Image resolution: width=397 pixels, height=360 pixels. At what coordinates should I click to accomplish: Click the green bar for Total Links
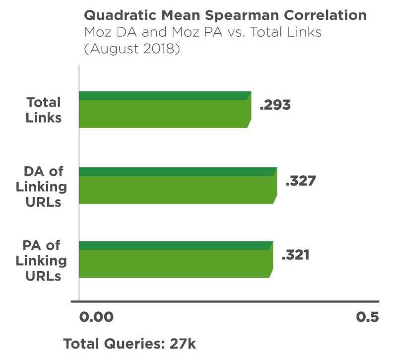(x=164, y=110)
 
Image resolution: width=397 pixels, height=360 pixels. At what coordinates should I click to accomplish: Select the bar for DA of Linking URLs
(x=177, y=185)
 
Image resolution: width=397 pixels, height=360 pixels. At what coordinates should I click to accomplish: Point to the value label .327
(x=300, y=181)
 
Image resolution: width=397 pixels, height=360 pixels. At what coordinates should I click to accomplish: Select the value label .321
(x=295, y=255)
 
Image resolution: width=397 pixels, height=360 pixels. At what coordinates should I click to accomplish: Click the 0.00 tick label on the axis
(x=96, y=317)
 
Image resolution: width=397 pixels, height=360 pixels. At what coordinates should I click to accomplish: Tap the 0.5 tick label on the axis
(x=367, y=317)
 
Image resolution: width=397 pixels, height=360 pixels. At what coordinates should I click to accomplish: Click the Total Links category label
(x=44, y=110)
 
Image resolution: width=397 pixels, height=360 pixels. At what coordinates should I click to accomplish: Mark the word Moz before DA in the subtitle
(x=98, y=33)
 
